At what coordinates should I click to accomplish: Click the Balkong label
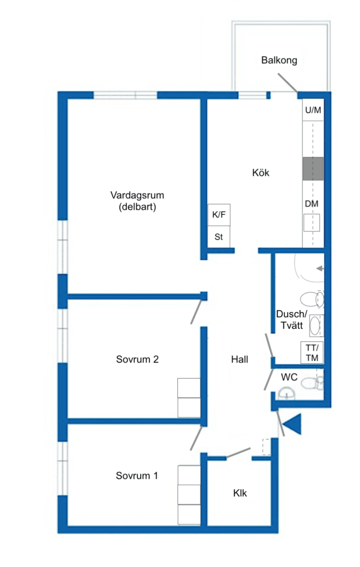tap(279, 60)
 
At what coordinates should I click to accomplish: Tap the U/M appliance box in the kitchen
tap(313, 110)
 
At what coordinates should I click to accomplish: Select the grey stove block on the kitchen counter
tap(313, 168)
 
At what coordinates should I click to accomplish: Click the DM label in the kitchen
tap(311, 204)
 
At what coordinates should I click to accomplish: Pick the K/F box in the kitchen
tap(219, 215)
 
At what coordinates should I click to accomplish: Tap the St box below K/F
tap(219, 237)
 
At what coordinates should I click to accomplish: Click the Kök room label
tap(260, 173)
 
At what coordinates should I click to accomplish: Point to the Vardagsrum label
tap(137, 195)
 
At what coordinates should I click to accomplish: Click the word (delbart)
tap(137, 207)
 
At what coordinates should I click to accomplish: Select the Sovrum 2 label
tap(137, 359)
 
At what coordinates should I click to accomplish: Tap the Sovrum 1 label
tap(137, 476)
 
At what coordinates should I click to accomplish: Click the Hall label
tap(239, 359)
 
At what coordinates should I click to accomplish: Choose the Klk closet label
tap(240, 493)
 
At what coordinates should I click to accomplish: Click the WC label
tap(289, 377)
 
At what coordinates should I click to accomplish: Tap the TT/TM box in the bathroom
tap(312, 353)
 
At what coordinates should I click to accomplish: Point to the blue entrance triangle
tap(292, 424)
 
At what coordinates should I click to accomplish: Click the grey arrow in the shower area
tap(320, 269)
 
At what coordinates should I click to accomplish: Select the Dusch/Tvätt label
tap(292, 319)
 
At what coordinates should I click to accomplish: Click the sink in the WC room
tap(287, 394)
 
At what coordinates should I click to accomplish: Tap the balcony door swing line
tap(288, 83)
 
